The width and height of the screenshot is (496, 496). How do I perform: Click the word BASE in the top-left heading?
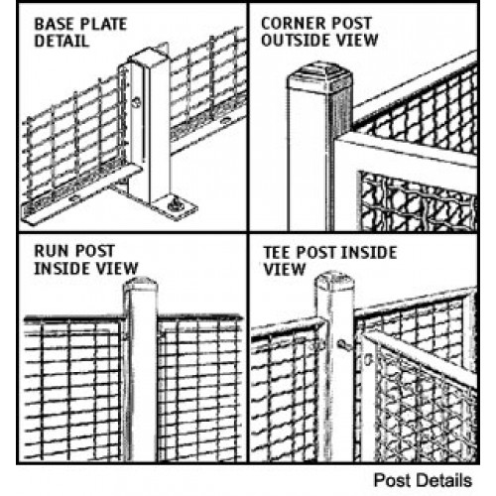click(x=53, y=24)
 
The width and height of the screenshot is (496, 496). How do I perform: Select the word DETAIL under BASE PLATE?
click(x=62, y=41)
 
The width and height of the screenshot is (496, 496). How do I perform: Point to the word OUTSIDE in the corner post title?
click(x=296, y=40)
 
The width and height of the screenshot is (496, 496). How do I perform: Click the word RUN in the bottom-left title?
click(x=49, y=251)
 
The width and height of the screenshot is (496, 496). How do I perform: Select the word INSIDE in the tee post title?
click(x=368, y=253)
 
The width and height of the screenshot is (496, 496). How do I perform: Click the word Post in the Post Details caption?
click(x=390, y=480)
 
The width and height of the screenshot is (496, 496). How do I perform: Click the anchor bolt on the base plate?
click(x=175, y=205)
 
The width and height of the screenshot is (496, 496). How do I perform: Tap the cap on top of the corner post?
click(x=320, y=73)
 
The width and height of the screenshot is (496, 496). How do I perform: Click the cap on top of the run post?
click(x=140, y=284)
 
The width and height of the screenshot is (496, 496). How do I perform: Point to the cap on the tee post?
click(x=334, y=280)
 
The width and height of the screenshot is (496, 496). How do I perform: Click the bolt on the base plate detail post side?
click(x=136, y=102)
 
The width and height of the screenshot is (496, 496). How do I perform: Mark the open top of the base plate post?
click(x=150, y=57)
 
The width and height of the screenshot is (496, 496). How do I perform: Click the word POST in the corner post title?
click(x=352, y=23)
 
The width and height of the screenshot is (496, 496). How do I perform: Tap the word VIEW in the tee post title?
click(x=284, y=270)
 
